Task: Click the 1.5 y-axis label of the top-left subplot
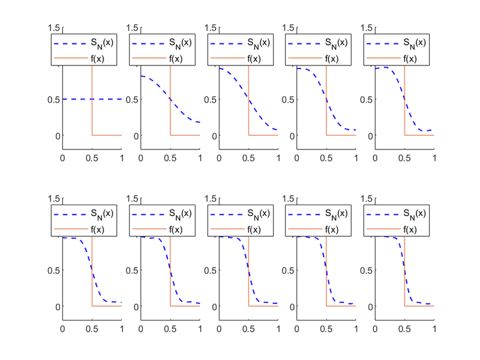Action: click(54, 28)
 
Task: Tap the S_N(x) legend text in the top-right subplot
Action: click(414, 43)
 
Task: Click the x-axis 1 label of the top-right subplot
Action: click(434, 158)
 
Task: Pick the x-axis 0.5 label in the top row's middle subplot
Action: click(248, 158)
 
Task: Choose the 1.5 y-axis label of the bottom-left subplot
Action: click(54, 199)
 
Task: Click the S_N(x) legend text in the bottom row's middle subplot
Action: click(257, 214)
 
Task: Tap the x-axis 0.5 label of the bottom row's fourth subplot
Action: click(326, 329)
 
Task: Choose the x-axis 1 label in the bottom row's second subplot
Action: click(200, 329)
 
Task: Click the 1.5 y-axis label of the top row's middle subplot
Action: click(210, 28)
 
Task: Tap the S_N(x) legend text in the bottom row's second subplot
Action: click(179, 214)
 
